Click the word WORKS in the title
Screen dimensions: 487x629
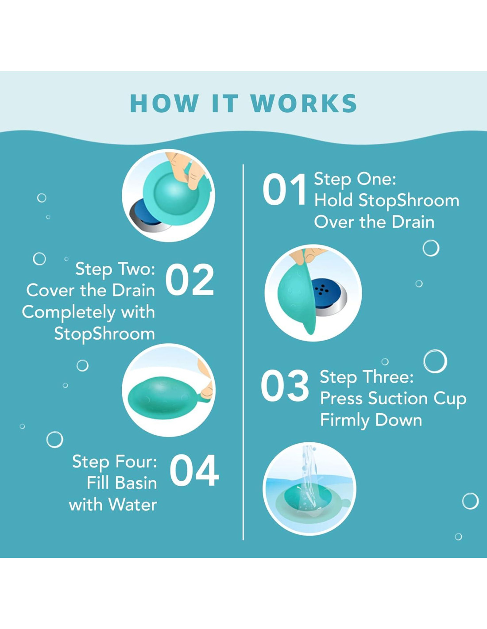[304, 103]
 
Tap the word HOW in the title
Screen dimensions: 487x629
[164, 103]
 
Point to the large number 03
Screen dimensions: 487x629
[285, 386]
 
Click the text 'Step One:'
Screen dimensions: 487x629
[355, 180]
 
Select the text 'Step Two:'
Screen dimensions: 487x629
[115, 269]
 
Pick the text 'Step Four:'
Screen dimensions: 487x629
[115, 461]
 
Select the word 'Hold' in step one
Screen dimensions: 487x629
[333, 200]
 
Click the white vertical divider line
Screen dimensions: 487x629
[243, 352]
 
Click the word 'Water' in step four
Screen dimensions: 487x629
[133, 505]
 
